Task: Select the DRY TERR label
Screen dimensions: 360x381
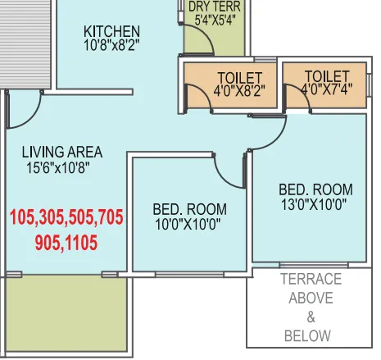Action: tap(214, 7)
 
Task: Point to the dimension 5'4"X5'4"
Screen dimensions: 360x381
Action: tap(214, 20)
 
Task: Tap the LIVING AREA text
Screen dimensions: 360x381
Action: tap(62, 152)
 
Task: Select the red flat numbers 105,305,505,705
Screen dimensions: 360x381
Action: tap(66, 218)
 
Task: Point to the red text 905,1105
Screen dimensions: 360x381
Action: tap(66, 242)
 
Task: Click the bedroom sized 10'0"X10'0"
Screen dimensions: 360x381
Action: tap(189, 216)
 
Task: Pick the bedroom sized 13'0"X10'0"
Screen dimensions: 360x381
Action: tap(315, 197)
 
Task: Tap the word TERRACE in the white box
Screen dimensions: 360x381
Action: tap(311, 280)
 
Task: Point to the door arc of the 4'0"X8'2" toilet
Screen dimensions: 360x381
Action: tap(197, 96)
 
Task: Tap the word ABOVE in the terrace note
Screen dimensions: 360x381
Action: tap(311, 298)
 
